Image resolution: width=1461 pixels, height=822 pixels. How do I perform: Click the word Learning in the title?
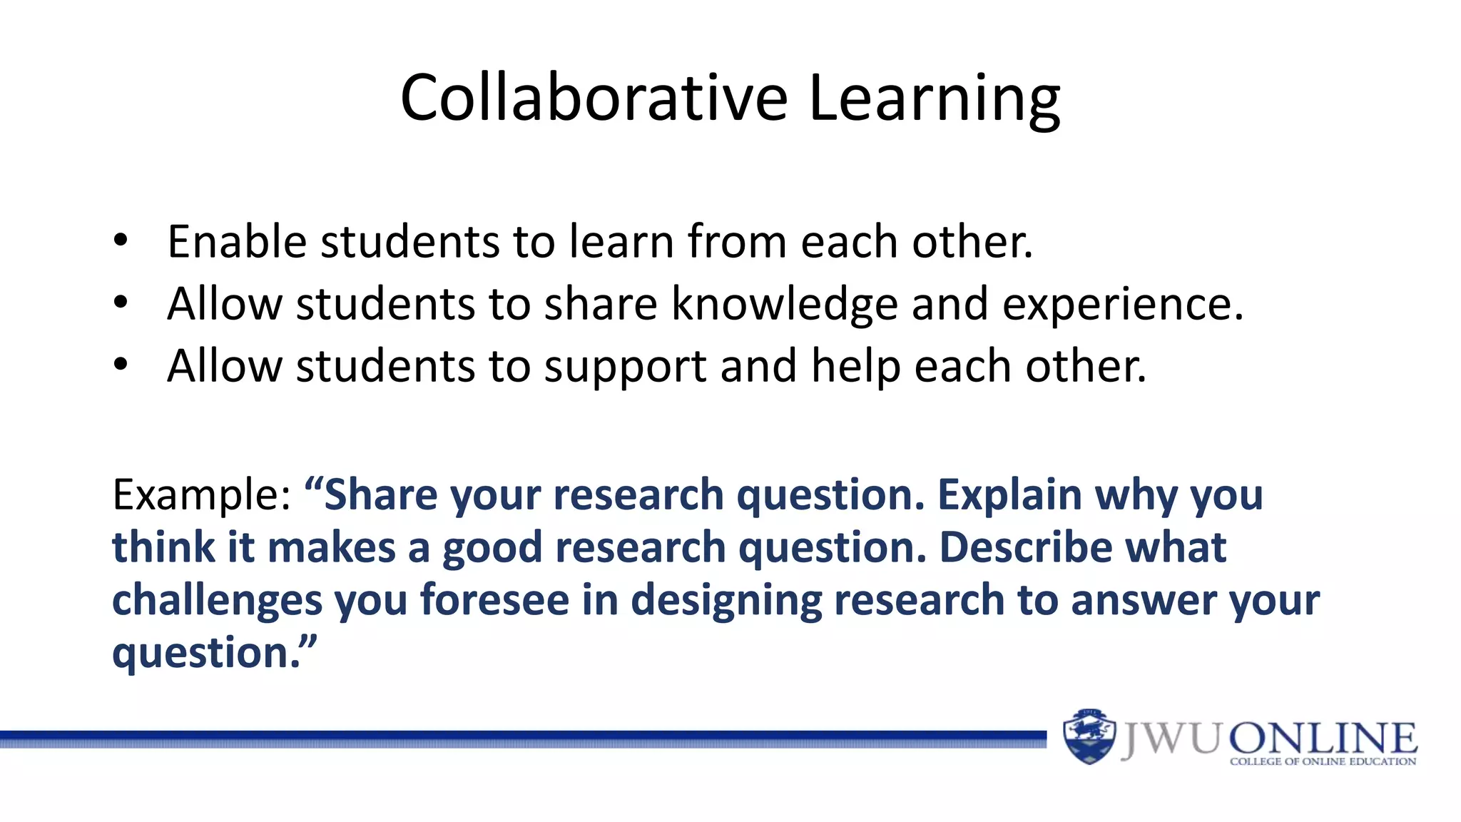pos(935,100)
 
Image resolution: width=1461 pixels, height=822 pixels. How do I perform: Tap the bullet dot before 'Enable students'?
pos(121,240)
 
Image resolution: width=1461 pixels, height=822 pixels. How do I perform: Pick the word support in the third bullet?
pos(625,367)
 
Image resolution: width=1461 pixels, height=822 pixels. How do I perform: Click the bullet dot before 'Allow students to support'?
pos(121,365)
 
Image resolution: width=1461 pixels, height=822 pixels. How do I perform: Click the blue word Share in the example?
pos(380,494)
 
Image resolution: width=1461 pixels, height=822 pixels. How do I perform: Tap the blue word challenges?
pos(217,600)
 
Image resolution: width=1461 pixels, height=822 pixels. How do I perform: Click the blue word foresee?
pos(494,599)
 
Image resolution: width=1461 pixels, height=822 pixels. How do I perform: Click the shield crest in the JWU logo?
pos(1089,736)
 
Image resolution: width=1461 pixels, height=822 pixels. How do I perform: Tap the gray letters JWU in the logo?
pos(1171,739)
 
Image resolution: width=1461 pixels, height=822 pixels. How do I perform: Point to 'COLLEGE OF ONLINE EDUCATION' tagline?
pos(1323,762)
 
